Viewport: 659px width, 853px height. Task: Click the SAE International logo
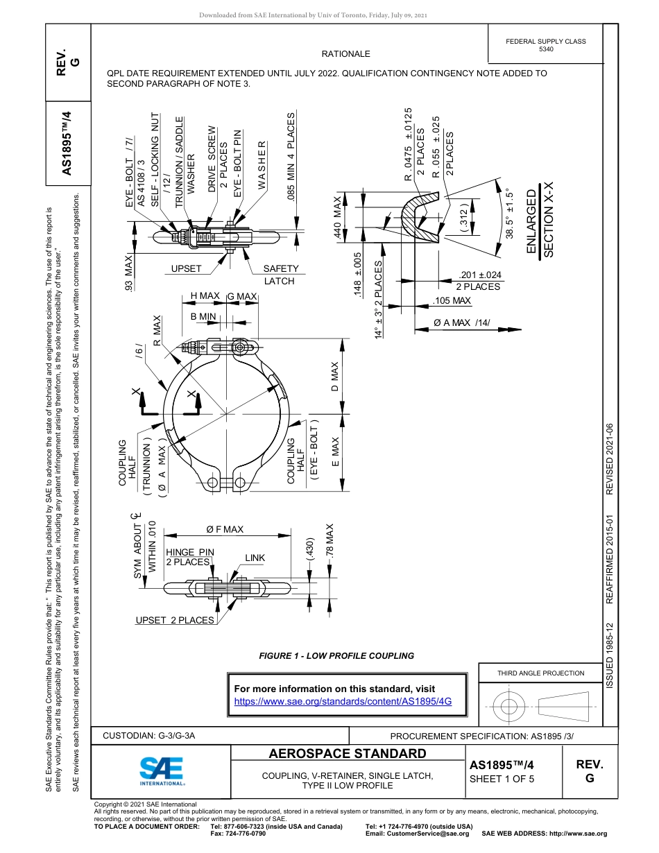162,770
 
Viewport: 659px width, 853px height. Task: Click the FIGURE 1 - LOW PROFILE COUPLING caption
336,655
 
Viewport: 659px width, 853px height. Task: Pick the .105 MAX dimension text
451,301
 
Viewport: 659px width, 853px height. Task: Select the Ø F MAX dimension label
225,529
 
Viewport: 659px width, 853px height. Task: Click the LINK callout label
255,558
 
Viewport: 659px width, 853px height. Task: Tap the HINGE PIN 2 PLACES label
189,557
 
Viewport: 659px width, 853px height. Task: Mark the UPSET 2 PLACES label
175,620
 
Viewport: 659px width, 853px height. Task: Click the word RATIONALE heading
345,54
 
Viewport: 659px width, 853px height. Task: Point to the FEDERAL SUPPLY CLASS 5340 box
545,45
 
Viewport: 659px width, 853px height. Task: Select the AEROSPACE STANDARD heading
348,754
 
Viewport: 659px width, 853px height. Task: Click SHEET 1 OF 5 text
502,779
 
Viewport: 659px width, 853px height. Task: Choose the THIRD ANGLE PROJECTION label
540,673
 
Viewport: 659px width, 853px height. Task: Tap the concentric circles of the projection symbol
509,706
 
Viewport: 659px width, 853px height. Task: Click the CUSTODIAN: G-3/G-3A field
149,736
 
